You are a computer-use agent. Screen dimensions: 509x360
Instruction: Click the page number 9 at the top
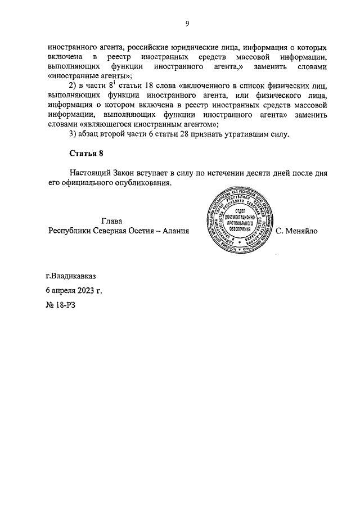pos(187,23)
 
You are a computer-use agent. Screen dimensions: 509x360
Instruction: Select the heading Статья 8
pos(87,153)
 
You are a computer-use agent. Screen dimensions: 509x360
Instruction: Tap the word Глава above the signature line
pos(111,221)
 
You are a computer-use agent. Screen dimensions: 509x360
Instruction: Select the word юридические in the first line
pos(204,48)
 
